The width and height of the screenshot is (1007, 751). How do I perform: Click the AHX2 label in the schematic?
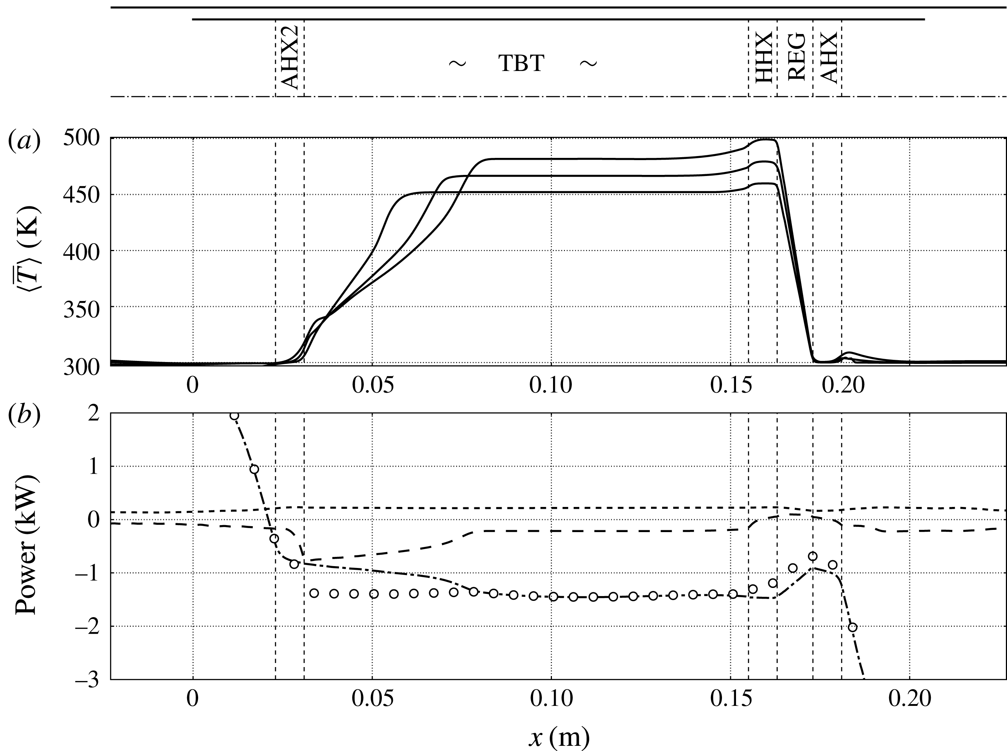289,58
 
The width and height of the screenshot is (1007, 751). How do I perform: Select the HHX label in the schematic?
763,58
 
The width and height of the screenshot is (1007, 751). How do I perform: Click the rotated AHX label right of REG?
829,58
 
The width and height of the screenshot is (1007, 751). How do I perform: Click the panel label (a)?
24,141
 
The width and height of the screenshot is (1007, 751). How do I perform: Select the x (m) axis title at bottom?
559,738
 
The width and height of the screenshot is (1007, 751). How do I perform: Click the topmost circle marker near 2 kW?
234,416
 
